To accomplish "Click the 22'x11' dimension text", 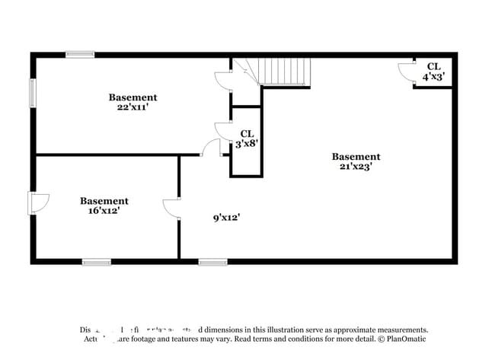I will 133,108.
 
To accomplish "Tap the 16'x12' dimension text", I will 104,211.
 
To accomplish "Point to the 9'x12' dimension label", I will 227,218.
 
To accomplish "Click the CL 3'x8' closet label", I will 247,139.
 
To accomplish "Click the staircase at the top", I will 283,72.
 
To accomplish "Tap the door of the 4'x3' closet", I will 406,71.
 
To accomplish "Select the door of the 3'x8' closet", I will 223,131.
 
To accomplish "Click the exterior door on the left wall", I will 37,202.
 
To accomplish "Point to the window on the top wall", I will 80,54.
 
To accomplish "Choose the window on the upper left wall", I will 32,93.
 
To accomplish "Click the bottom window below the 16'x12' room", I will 97,262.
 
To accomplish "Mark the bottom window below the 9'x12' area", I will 212,262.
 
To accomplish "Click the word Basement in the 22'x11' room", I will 133,97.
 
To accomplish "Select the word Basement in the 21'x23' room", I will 356,157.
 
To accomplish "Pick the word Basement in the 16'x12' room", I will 104,201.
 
